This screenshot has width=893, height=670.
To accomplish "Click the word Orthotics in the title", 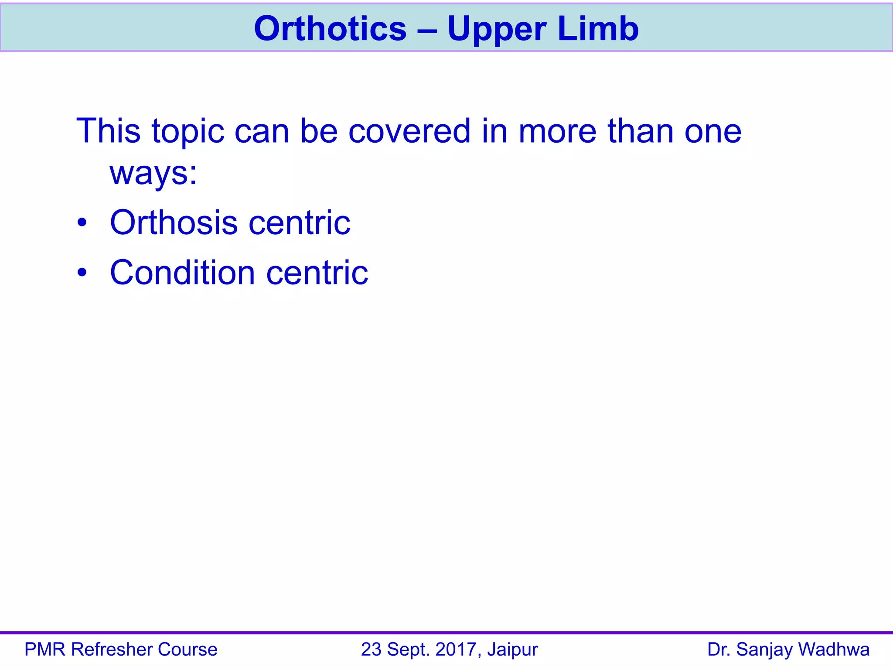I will pos(330,29).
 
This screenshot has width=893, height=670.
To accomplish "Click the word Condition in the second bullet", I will pos(182,273).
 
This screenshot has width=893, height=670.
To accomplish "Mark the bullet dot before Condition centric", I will pos(82,273).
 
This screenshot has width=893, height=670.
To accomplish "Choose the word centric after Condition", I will pos(317,273).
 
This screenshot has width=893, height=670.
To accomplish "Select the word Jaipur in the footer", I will pos(513,650).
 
